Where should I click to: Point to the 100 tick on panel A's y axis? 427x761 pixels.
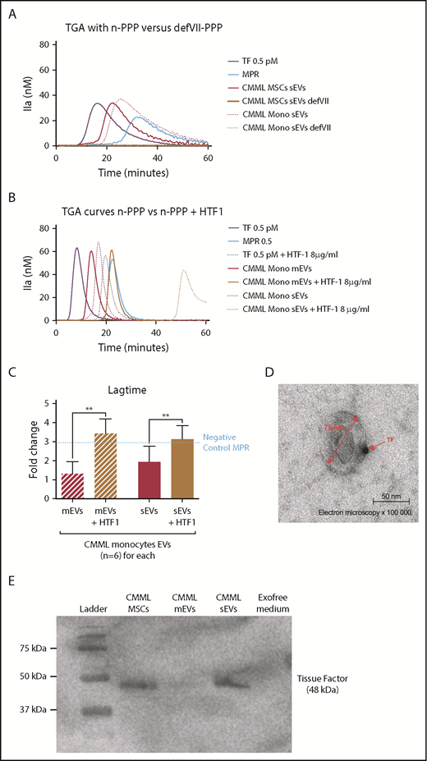coord(44,58)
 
